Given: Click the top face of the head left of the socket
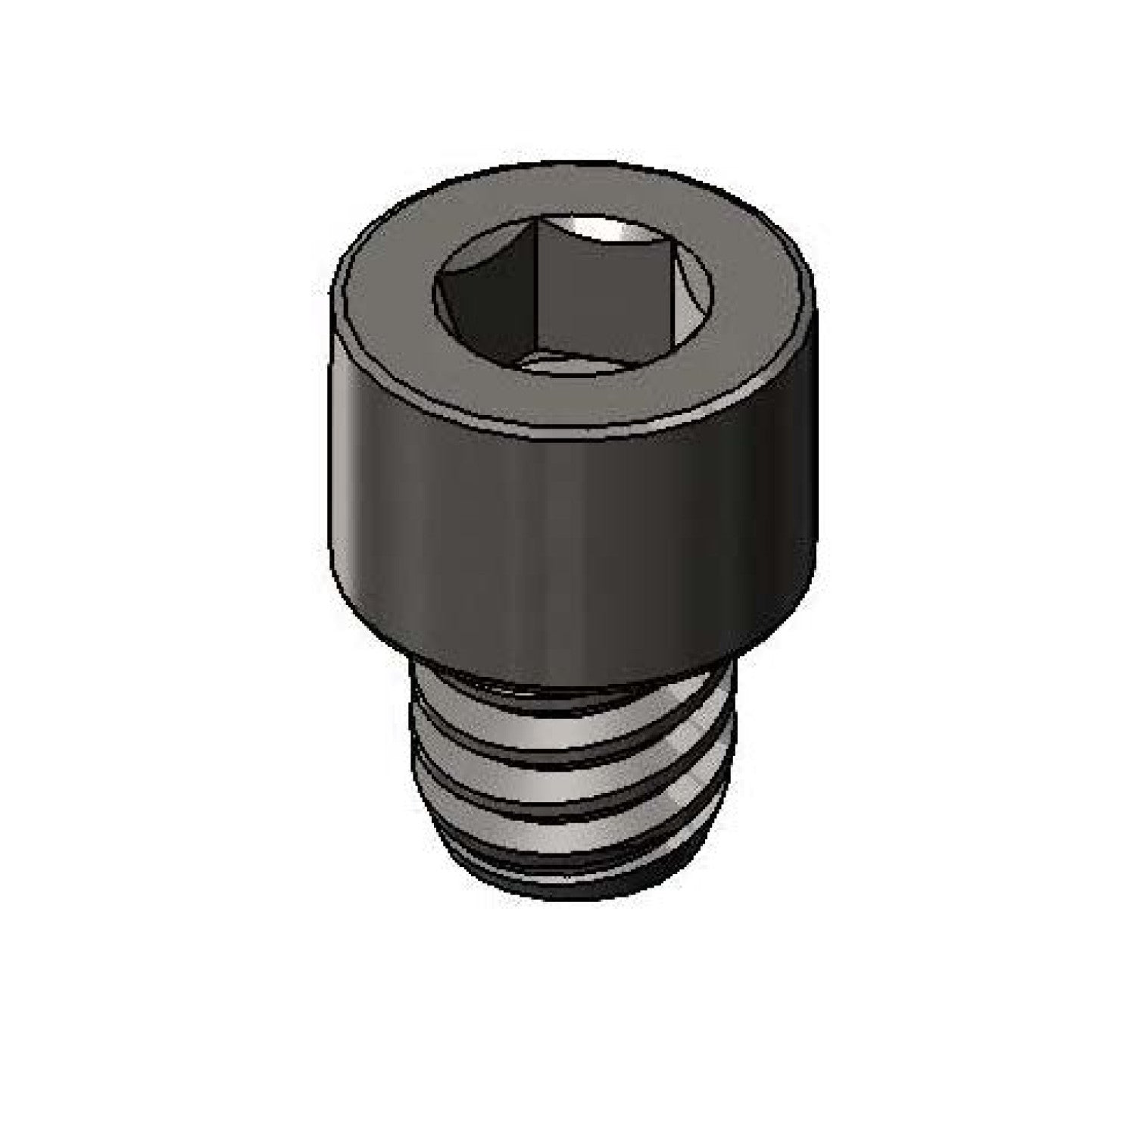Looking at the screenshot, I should [386, 288].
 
